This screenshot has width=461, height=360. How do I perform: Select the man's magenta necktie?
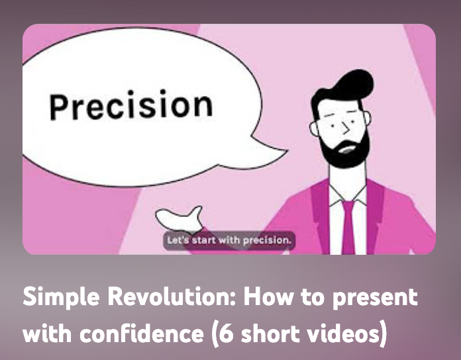pyautogui.click(x=348, y=227)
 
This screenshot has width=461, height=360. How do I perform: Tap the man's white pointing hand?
pyautogui.click(x=180, y=219)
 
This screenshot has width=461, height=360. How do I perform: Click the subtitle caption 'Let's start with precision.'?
pyautogui.click(x=229, y=240)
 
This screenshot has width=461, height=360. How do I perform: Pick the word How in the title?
pyautogui.click(x=268, y=296)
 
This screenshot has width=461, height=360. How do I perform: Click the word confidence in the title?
pyautogui.click(x=142, y=334)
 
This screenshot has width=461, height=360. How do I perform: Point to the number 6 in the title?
pyautogui.click(x=227, y=334)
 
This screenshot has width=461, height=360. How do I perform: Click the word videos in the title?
pyautogui.click(x=342, y=334)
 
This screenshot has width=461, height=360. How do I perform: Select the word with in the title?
pyautogui.click(x=47, y=334)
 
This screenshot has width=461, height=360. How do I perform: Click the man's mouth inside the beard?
pyautogui.click(x=347, y=149)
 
